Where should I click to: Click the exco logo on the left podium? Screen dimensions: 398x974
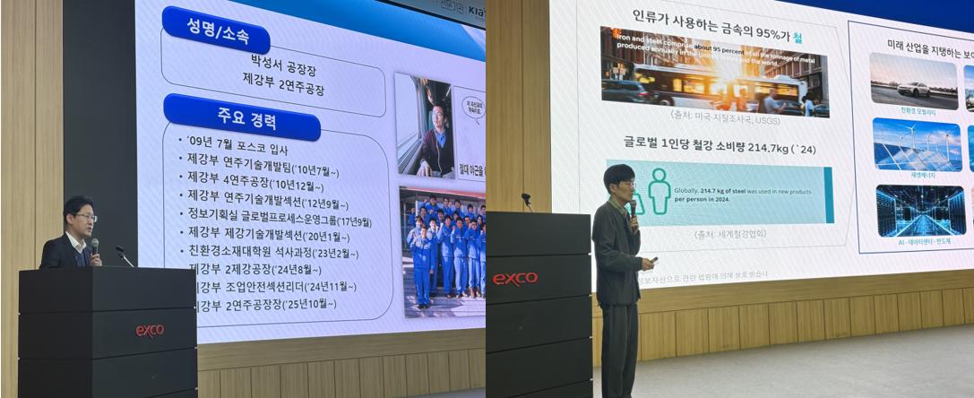point(150,330)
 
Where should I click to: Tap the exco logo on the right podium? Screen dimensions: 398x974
point(515,279)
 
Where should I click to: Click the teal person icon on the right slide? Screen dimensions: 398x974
point(659,190)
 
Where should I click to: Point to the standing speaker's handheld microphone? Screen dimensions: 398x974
point(634,208)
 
